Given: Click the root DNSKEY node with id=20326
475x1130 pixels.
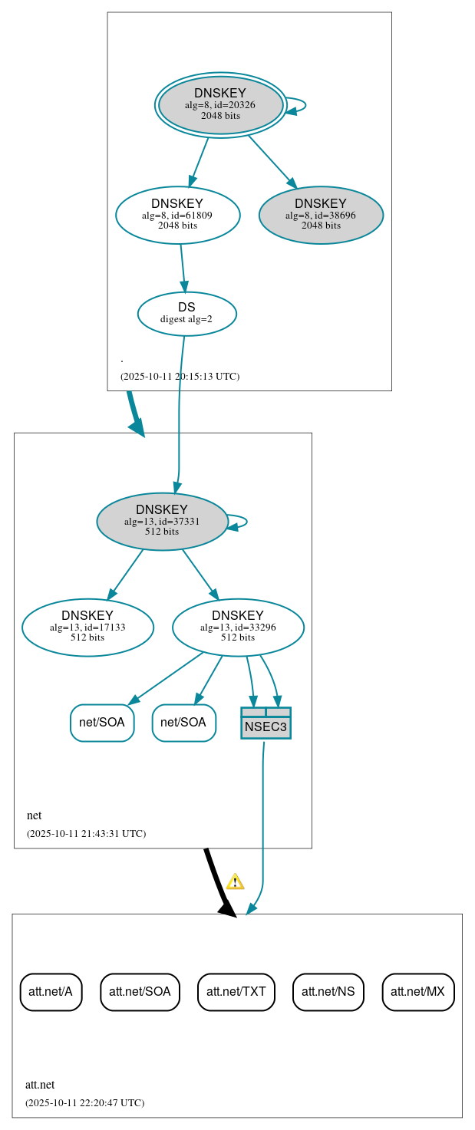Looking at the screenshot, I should pyautogui.click(x=221, y=105).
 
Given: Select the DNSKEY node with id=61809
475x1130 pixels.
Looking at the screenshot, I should pyautogui.click(x=177, y=215).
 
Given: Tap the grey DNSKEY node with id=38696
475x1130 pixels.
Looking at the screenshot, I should pyautogui.click(x=321, y=215).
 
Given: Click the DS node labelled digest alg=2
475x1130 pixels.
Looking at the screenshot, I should pyautogui.click(x=186, y=314).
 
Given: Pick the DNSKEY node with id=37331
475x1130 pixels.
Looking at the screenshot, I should pyautogui.click(x=162, y=521).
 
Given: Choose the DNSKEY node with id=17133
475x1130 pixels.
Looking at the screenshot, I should pyautogui.click(x=87, y=628).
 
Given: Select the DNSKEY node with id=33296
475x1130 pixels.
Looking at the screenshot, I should pyautogui.click(x=238, y=628).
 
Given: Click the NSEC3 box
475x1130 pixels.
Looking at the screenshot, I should pyautogui.click(x=266, y=723).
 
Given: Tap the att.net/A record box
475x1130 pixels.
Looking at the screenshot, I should pyautogui.click(x=51, y=992).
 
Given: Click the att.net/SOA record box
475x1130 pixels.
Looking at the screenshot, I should pyautogui.click(x=140, y=992).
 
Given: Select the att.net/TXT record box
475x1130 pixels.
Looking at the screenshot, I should pyautogui.click(x=236, y=992).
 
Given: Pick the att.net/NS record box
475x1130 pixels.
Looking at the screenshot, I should pyautogui.click(x=328, y=992).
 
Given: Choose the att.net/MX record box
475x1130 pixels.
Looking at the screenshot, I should pyautogui.click(x=417, y=992).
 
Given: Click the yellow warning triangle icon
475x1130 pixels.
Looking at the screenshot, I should pyautogui.click(x=235, y=881).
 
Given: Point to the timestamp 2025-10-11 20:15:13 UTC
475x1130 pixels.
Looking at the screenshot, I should pyautogui.click(x=180, y=376).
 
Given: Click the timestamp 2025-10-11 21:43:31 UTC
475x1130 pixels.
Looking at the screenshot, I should pyautogui.click(x=86, y=833).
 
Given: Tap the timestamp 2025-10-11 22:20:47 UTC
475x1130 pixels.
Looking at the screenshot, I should pyautogui.click(x=84, y=1102).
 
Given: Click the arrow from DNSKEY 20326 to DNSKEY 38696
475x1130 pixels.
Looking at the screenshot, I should pyautogui.click(x=272, y=161).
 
